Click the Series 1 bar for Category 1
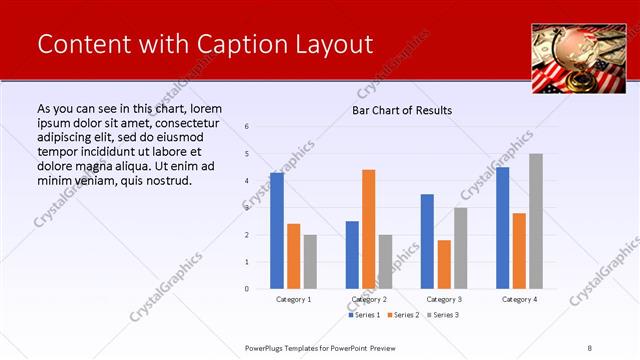pos(277,231)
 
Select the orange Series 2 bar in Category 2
pos(369,229)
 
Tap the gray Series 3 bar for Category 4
pos(536,221)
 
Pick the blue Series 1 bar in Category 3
pos(427,241)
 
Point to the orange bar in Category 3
pos(444,264)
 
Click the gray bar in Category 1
pos(310,261)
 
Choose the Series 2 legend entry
pos(403,315)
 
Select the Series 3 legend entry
pos(444,315)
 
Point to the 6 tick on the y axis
pos(247,127)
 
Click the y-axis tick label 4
pos(247,181)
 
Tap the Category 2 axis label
pos(369,299)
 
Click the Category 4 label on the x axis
pos(519,299)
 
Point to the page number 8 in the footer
pos(590,347)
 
